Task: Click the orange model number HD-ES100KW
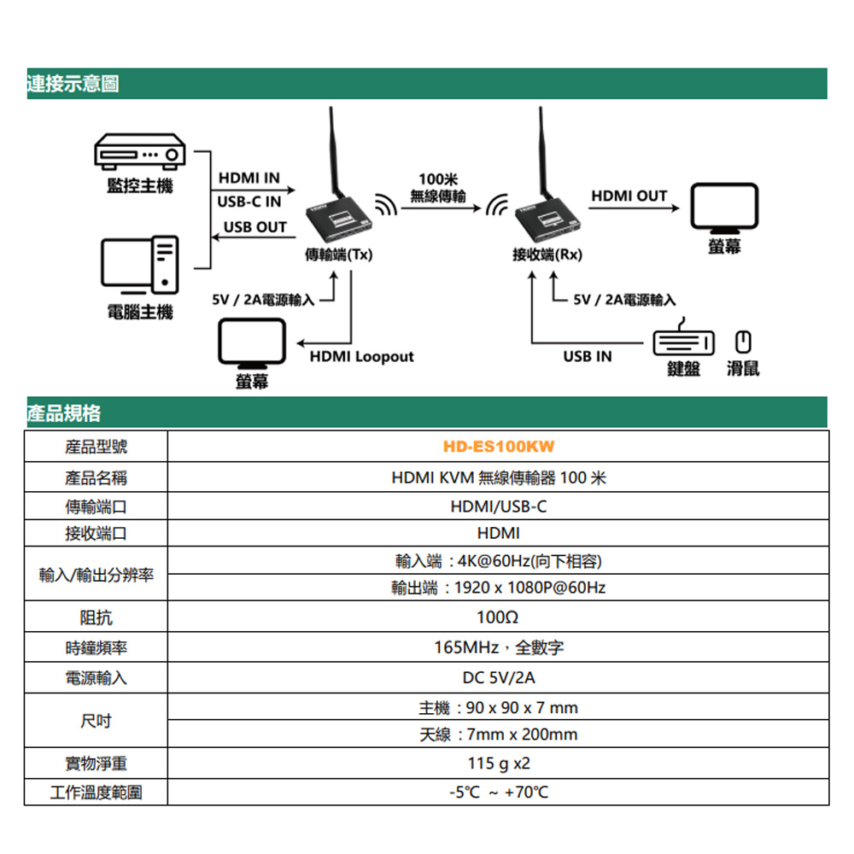[498, 447]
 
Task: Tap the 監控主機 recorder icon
[139, 155]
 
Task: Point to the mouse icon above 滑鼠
[743, 342]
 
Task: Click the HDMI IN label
[249, 178]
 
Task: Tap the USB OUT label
[254, 227]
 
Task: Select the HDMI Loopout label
[361, 356]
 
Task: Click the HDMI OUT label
[629, 196]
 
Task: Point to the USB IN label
[588, 356]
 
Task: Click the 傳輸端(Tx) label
[339, 254]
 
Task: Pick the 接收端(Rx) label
[547, 254]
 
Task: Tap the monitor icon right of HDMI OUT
[724, 208]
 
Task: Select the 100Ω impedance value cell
[498, 617]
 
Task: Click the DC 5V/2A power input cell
[498, 678]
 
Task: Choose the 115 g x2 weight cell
[498, 763]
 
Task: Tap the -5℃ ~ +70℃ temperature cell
[498, 793]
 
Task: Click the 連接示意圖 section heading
[73, 84]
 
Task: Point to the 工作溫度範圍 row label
[97, 793]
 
